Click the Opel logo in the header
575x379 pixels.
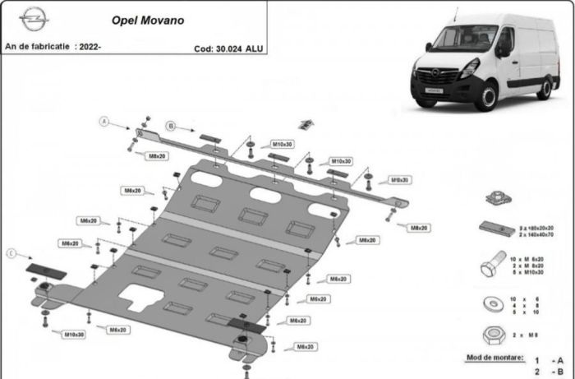coord(34,19)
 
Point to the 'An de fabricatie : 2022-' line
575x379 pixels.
coord(53,47)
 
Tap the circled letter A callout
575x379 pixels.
coord(104,122)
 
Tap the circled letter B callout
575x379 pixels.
coord(171,126)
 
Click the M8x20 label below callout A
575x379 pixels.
coord(156,155)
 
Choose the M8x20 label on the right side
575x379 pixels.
coord(420,227)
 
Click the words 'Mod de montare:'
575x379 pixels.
coord(494,358)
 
